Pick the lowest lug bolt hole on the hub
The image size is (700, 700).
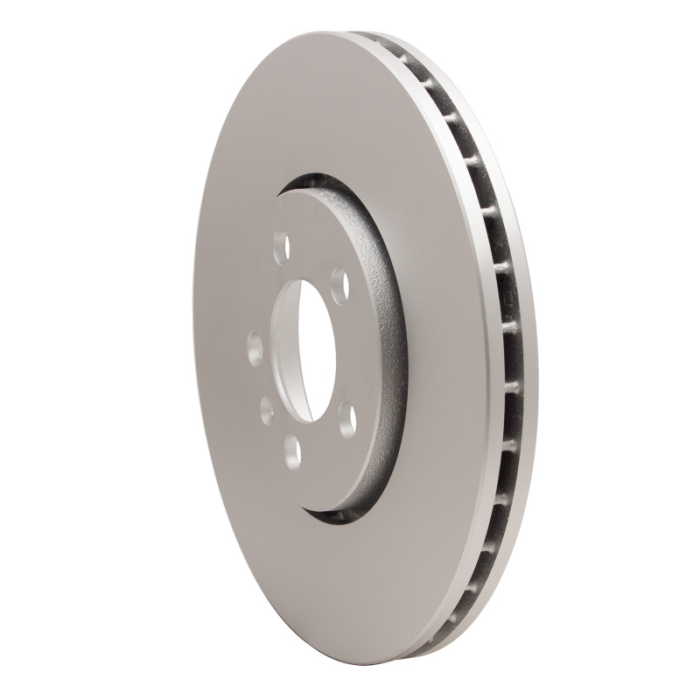(292, 451)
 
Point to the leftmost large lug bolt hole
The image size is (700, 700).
(255, 348)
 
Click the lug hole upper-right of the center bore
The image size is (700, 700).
(339, 285)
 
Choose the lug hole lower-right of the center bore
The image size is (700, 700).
(346, 419)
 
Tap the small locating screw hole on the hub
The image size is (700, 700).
(267, 409)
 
